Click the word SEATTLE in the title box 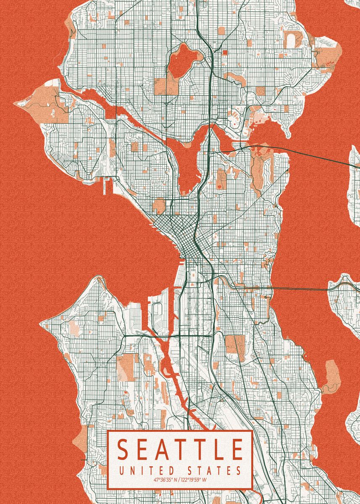[180, 449]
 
